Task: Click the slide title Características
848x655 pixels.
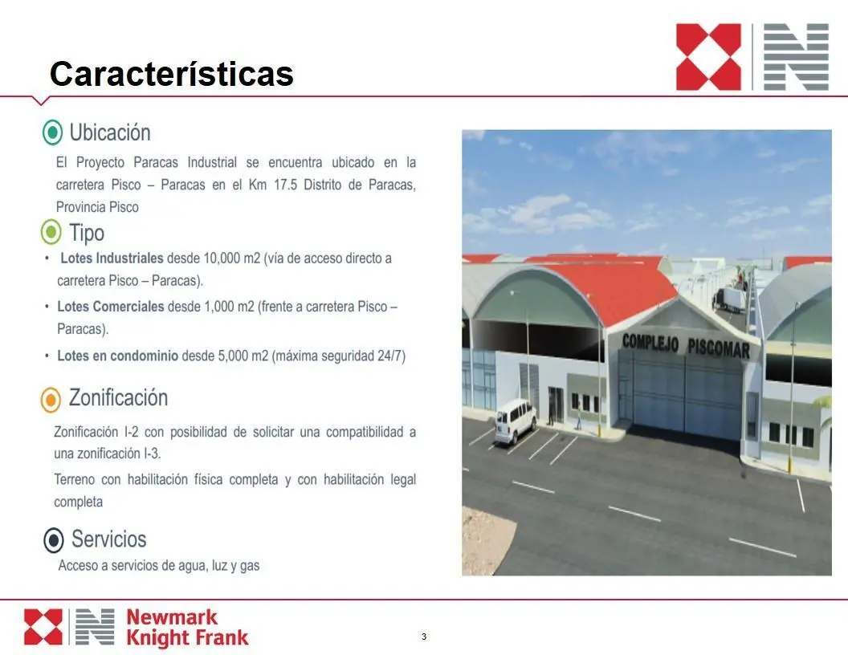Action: pos(171,74)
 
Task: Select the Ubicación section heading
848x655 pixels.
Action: pos(110,132)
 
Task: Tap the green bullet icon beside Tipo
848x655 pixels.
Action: pos(51,233)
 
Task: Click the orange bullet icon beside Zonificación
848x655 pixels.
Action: pos(51,400)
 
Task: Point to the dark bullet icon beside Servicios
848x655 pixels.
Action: pos(54,540)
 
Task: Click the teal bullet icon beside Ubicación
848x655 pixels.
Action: pos(52,132)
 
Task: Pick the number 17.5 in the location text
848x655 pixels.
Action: pos(286,185)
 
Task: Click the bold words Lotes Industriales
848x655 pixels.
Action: pos(112,258)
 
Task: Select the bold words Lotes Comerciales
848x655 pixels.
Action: pos(111,307)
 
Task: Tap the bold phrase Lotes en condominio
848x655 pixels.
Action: pos(118,356)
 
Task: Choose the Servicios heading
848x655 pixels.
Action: pos(109,539)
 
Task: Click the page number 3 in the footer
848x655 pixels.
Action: pos(424,637)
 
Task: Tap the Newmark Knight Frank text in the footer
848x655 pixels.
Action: pos(187,628)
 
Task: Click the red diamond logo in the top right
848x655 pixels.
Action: pos(708,57)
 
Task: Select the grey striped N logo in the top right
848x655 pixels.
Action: pos(796,57)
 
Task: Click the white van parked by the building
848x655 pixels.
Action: pos(516,421)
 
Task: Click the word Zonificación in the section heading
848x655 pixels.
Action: pos(118,398)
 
